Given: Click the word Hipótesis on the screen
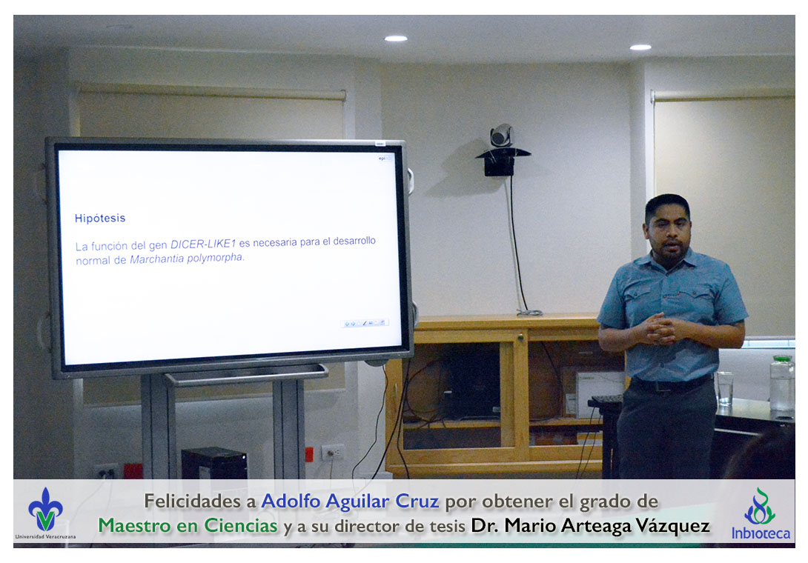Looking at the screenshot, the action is pyautogui.click(x=100, y=218).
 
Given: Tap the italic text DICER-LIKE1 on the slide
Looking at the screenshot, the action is pyautogui.click(x=203, y=244).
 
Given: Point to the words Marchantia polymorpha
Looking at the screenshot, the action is pyautogui.click(x=187, y=258).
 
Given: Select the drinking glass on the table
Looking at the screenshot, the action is pyautogui.click(x=724, y=388).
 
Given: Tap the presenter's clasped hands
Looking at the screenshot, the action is pyautogui.click(x=660, y=328).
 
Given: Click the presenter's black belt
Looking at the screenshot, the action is pyautogui.click(x=671, y=384).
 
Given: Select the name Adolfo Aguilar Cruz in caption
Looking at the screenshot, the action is pyautogui.click(x=350, y=502).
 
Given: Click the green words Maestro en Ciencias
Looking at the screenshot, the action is pyautogui.click(x=188, y=525).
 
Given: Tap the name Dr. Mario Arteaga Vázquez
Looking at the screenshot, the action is pyautogui.click(x=591, y=525).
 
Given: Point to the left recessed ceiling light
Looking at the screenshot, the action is pyautogui.click(x=396, y=38).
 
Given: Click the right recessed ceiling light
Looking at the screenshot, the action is pyautogui.click(x=640, y=47).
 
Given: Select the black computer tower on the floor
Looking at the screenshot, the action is pyautogui.click(x=213, y=463).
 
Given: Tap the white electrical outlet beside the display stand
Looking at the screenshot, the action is pyautogui.click(x=333, y=453).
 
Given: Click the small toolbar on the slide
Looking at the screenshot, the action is pyautogui.click(x=365, y=323).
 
